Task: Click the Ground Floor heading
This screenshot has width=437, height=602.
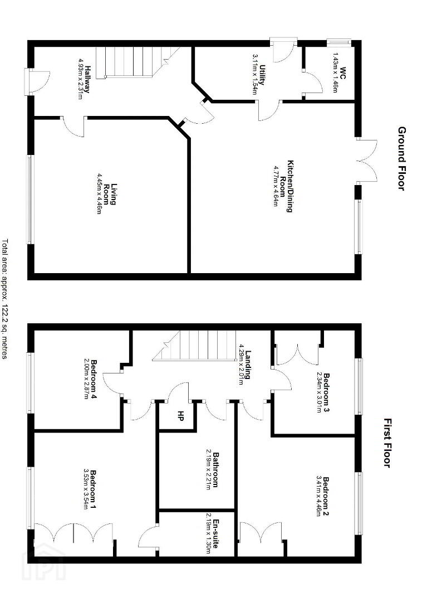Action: pos(401,158)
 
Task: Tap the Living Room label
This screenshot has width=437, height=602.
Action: pos(110,195)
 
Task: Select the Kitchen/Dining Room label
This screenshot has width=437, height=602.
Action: pos(287,186)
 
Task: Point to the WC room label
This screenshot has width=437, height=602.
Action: pos(342,72)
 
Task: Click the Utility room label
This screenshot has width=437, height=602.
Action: pos(262,75)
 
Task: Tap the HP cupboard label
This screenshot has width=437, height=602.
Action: pos(179,415)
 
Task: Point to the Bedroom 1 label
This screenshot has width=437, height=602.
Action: pos(93,489)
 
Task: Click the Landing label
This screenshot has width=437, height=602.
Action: pos(249,363)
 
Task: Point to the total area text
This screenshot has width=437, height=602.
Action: pos(4,299)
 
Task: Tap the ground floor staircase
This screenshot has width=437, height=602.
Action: pos(138,62)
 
